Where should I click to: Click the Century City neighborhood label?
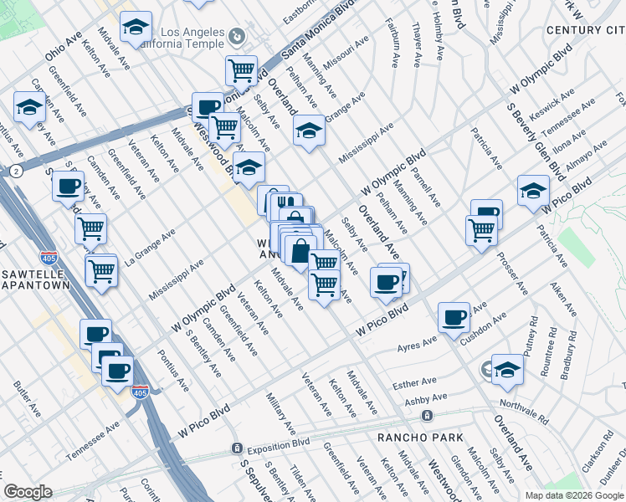[x=585, y=30]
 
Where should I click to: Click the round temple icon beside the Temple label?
[x=237, y=37]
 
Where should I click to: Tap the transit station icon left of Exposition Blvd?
[x=237, y=448]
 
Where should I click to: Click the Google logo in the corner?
[x=28, y=492]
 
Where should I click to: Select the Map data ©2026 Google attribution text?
[x=574, y=495]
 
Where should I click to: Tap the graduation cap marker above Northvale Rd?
[x=507, y=368]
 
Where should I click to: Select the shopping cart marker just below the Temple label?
[x=241, y=69]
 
